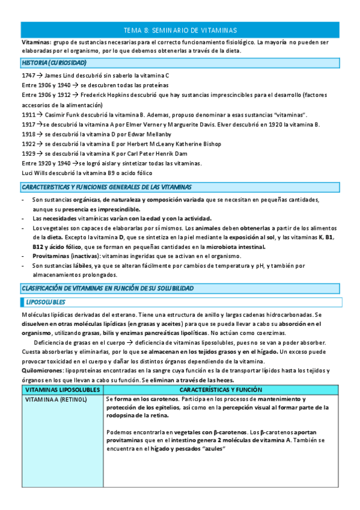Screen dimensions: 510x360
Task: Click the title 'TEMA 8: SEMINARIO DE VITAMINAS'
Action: (x=180, y=29)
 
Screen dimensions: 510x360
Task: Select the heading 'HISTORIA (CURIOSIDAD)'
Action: (x=53, y=63)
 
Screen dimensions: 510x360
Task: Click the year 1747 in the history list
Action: (x=28, y=76)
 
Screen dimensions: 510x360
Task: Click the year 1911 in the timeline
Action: (x=28, y=114)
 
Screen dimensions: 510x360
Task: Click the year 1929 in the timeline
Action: (x=28, y=154)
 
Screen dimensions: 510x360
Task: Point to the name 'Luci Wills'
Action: (x=34, y=173)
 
